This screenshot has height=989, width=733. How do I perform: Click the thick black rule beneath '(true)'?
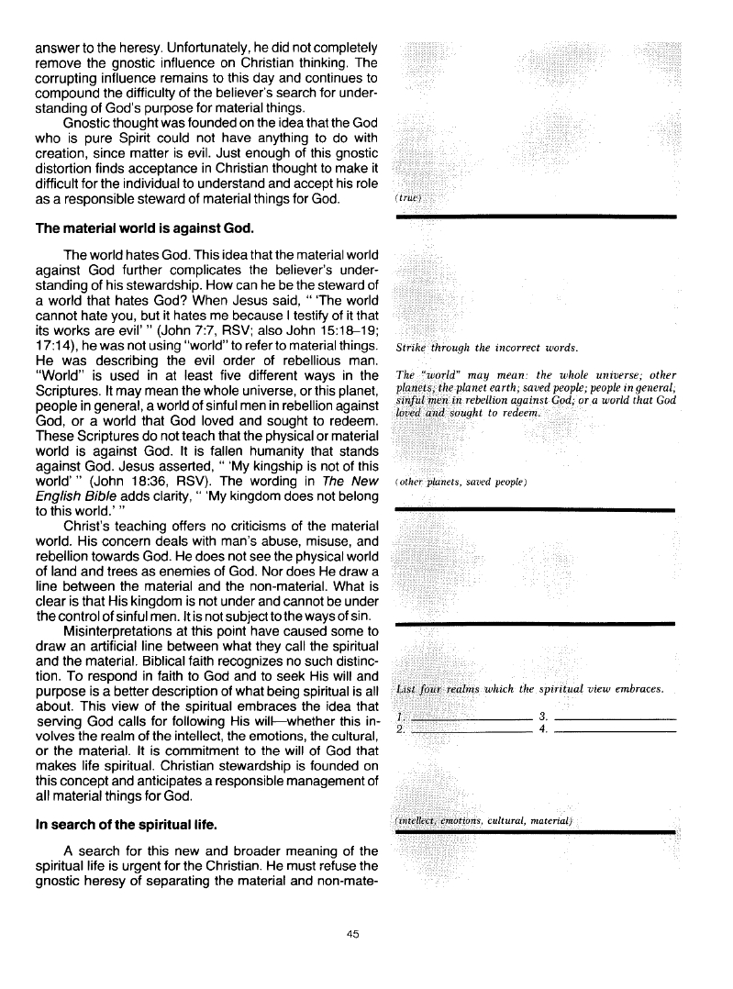pos(535,216)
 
